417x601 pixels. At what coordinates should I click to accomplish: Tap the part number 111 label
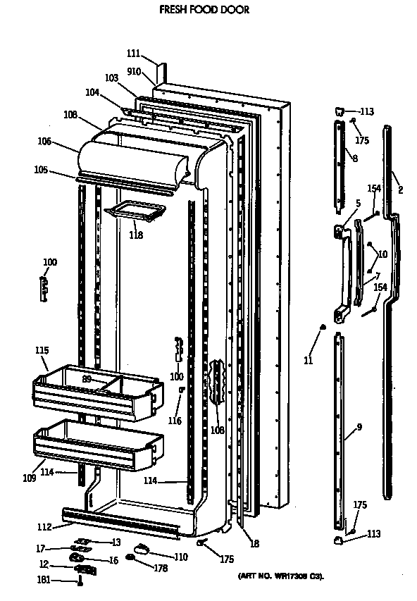(135, 53)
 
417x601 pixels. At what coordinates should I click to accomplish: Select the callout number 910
(135, 71)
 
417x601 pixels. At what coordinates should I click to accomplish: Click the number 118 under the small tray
(136, 235)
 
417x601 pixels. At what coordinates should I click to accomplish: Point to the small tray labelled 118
(135, 209)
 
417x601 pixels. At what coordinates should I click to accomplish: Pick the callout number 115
(42, 350)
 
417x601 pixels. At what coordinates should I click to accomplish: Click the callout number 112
(43, 526)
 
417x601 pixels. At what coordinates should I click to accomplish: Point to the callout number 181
(44, 581)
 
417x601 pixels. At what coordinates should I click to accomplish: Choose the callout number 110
(181, 557)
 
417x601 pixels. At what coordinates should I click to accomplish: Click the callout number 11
(308, 361)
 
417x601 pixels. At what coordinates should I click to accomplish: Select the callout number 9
(359, 426)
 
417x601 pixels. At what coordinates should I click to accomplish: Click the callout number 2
(400, 190)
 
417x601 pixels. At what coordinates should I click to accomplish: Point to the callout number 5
(357, 204)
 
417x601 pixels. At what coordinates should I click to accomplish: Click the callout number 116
(174, 421)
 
